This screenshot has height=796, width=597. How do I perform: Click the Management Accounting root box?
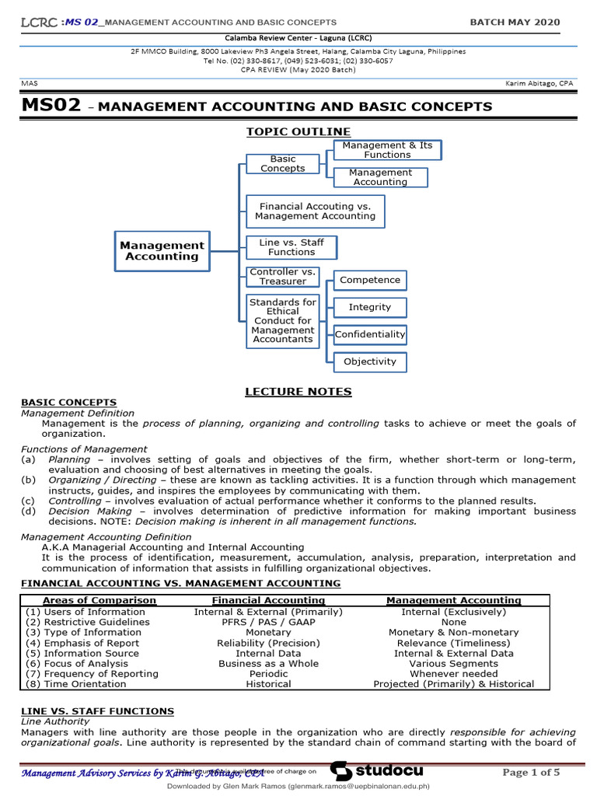(162, 250)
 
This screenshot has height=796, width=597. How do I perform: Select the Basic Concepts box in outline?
(283, 163)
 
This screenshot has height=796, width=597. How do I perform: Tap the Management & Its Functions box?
(387, 150)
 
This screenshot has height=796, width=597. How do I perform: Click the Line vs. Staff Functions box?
(292, 247)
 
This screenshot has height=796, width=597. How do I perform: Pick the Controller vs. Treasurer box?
(283, 277)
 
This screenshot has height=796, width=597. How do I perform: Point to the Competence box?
(370, 280)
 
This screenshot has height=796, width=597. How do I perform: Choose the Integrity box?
(370, 307)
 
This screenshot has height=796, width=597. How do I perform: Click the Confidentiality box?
(370, 335)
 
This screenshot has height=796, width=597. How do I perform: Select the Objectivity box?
(370, 361)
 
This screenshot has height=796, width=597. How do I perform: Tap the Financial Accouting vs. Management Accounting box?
(315, 211)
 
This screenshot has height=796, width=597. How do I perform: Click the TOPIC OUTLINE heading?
(298, 131)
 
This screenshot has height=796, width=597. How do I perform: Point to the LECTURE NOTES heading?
(298, 391)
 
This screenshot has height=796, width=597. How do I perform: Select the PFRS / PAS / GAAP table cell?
(268, 622)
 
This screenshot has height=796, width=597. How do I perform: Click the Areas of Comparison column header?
(99, 600)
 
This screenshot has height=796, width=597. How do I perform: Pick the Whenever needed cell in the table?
(453, 673)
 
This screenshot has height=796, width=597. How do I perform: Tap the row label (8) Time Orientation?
(75, 684)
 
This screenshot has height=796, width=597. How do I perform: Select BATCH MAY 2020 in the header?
(515, 23)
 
